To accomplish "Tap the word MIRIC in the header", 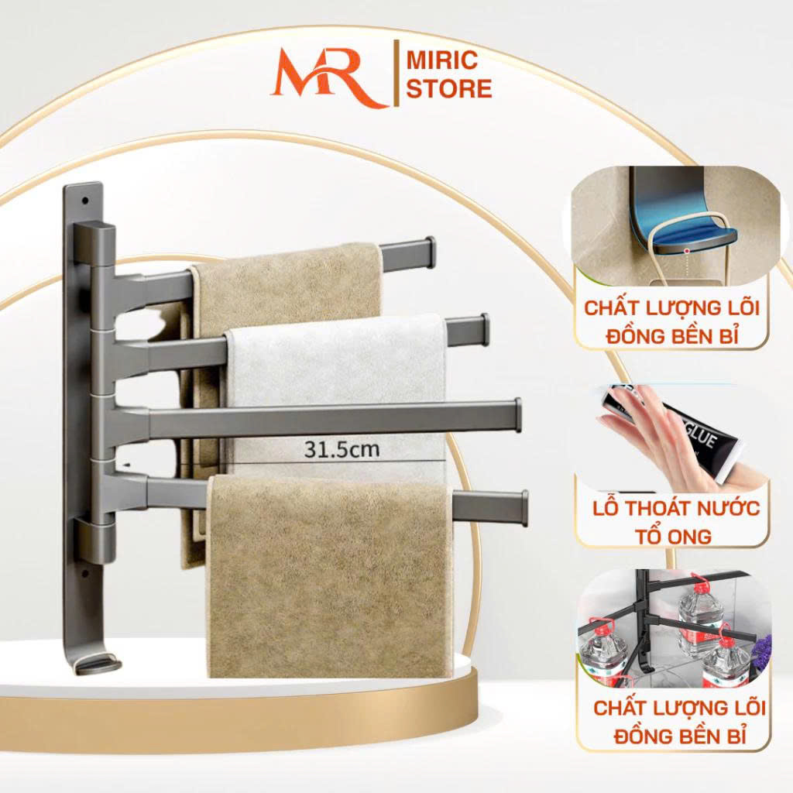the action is [442, 60].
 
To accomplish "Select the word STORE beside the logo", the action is [449, 88].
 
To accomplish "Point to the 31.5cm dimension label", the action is [342, 449].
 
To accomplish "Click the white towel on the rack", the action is [336, 390].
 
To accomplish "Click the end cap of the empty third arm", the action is [517, 415].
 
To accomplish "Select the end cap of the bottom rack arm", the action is [524, 508].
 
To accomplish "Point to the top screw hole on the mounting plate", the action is [85, 201].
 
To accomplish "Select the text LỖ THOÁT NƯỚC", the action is [675, 508].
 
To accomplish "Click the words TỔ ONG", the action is [673, 536].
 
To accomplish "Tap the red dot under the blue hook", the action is [686, 250].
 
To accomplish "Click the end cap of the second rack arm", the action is [485, 330].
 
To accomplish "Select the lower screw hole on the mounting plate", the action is [85, 573].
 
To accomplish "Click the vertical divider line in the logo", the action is [396, 74].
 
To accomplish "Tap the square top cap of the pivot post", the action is [95, 242].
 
